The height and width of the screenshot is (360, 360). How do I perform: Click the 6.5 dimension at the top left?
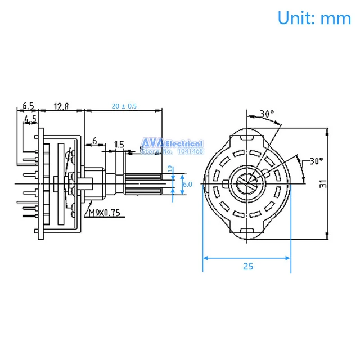click(28, 106)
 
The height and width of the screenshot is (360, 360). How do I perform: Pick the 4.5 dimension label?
click(30, 119)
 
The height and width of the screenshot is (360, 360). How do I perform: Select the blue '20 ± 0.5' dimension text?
click(124, 106)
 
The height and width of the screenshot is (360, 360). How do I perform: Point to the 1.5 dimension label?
click(119, 145)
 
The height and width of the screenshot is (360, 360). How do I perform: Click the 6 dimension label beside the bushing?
click(94, 141)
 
